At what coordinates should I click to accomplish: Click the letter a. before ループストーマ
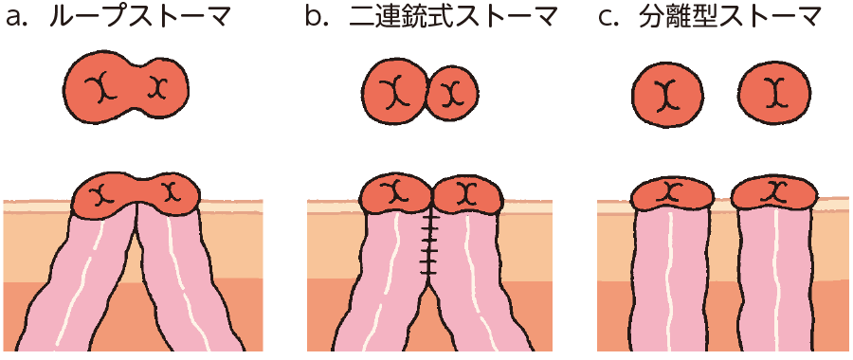(x=21, y=19)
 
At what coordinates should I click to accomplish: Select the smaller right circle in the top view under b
(x=454, y=94)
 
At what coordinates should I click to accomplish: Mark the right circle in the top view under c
(x=775, y=93)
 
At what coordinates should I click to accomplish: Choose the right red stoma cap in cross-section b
(x=466, y=194)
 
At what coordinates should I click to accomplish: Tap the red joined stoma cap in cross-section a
(x=136, y=195)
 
